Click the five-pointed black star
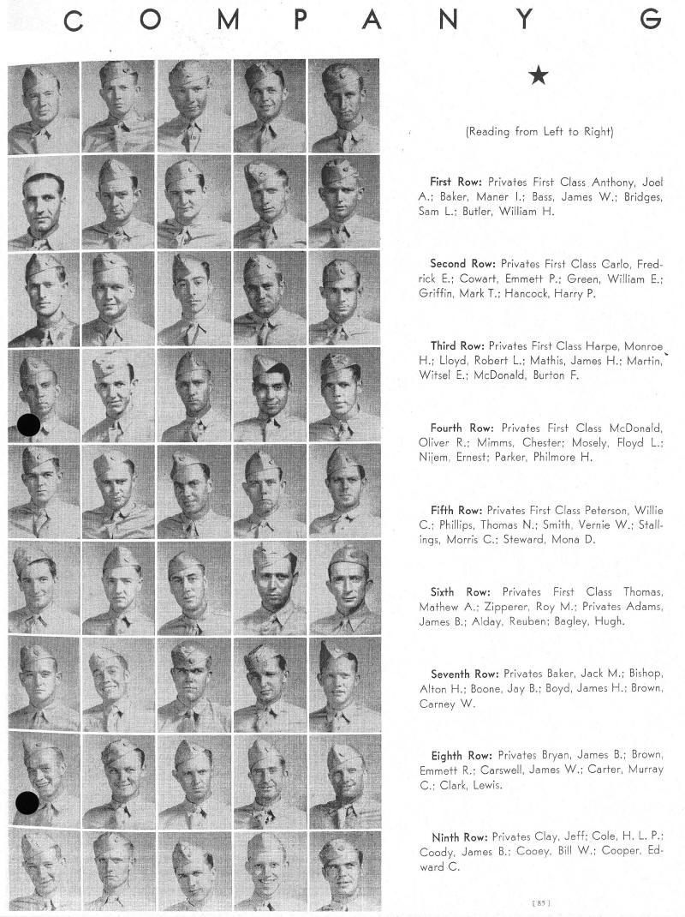(539, 76)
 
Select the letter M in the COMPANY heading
(226, 21)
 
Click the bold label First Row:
(456, 182)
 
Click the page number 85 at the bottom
(542, 901)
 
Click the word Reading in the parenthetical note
(491, 132)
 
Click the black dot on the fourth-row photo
(28, 423)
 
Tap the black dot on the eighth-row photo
(27, 802)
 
